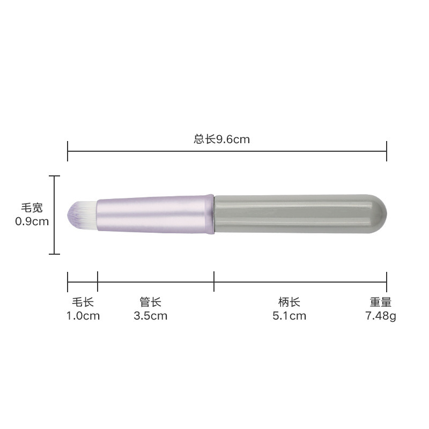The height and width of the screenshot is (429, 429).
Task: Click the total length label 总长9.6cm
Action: [x=221, y=139]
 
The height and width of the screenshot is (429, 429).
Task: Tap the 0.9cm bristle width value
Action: [x=32, y=221]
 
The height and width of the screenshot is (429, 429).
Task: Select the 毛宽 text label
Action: [x=32, y=208]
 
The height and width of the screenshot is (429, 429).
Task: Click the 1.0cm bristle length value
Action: [x=83, y=316]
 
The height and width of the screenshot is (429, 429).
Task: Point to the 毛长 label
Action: [x=83, y=302]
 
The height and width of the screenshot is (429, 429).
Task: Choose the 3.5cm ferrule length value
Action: [x=151, y=316]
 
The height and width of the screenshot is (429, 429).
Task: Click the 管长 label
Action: [x=151, y=302]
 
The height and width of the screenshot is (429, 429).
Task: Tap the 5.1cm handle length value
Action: [x=289, y=316]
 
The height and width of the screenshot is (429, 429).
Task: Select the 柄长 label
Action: [x=289, y=302]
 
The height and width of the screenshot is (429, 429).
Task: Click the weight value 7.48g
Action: [x=381, y=316]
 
